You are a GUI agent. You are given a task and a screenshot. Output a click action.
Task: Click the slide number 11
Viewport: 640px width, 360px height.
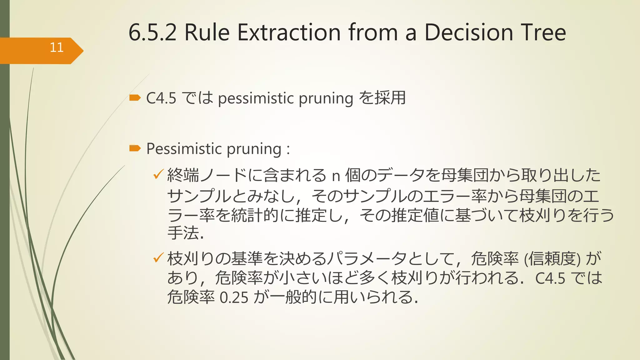pos(57,47)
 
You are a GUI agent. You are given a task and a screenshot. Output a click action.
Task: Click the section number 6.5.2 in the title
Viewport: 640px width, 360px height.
pos(152,32)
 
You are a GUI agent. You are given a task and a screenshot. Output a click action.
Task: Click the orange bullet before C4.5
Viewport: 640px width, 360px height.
pos(135,98)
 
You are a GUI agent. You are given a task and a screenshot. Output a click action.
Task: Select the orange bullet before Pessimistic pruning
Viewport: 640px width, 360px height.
pos(135,148)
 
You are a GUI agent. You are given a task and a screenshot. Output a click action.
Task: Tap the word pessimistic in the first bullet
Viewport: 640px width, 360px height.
pos(256,99)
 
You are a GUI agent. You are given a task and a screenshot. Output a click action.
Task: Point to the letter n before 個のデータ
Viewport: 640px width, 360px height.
pos(336,176)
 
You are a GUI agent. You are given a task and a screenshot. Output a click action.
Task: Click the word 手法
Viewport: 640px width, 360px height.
pos(183,233)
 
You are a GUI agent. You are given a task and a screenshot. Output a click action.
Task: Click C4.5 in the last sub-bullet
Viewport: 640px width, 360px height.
pos(550,278)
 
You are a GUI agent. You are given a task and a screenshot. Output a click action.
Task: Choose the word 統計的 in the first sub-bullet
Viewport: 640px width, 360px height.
pos(255,215)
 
